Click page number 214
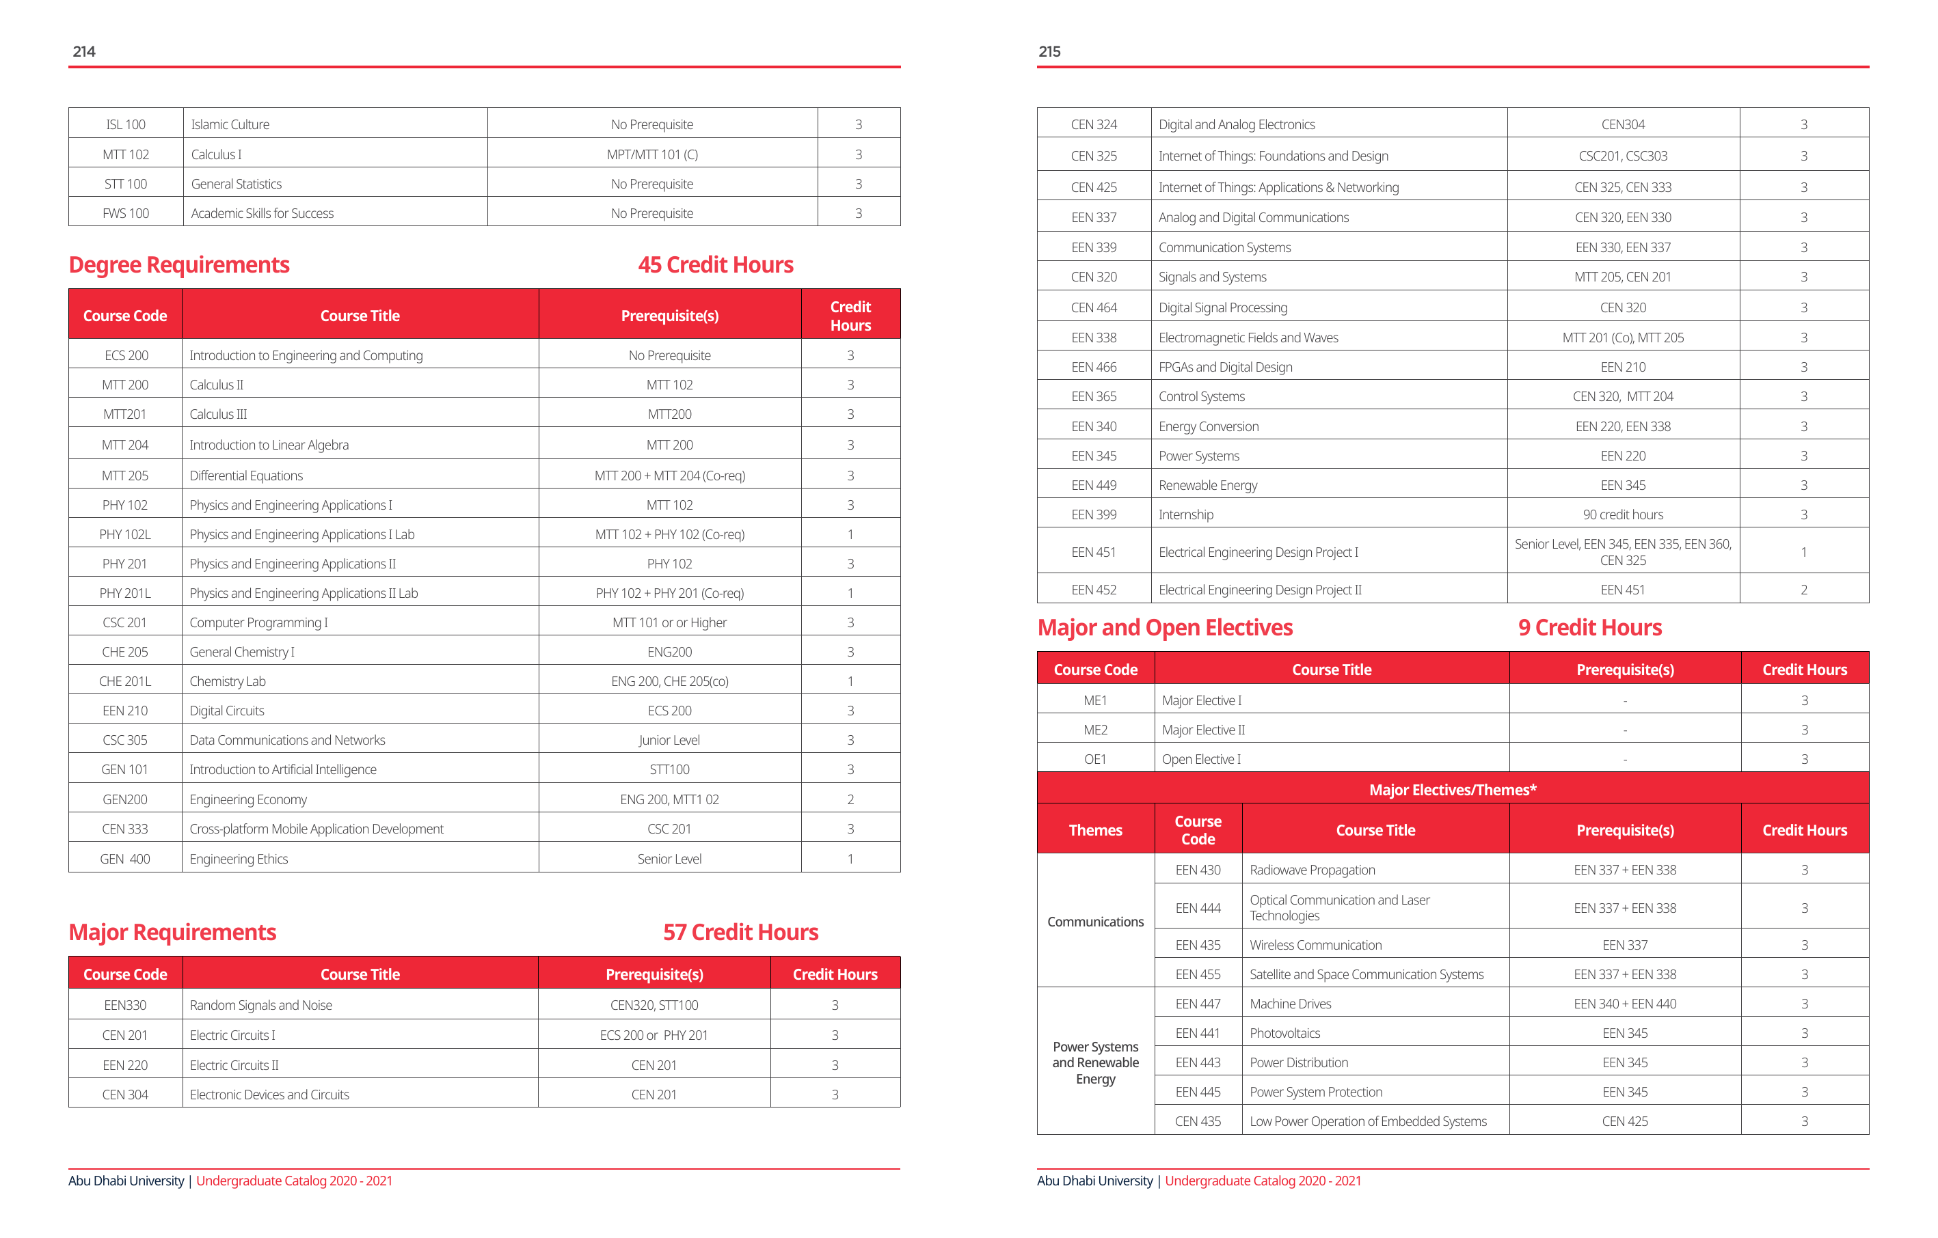(x=83, y=51)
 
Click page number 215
(x=1049, y=51)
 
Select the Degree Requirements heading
(x=178, y=264)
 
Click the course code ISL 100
(x=126, y=124)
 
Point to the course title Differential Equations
(x=246, y=476)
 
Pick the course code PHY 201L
(x=124, y=593)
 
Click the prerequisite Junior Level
(x=669, y=740)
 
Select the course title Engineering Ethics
(x=238, y=859)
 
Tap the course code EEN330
(x=124, y=1005)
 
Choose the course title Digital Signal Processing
(x=1222, y=307)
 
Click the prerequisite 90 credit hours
(x=1622, y=515)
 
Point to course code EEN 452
(x=1094, y=590)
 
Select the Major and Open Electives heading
(x=1165, y=627)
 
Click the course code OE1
(x=1094, y=759)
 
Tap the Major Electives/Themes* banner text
(x=1452, y=790)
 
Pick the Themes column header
(x=1094, y=830)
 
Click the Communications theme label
(x=1094, y=922)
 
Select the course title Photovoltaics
(x=1284, y=1033)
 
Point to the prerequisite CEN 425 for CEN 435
(x=1624, y=1121)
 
